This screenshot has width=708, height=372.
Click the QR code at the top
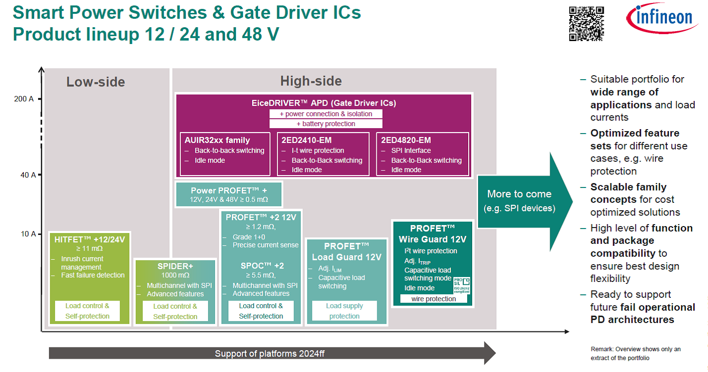click(586, 23)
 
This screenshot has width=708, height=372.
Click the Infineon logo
click(663, 18)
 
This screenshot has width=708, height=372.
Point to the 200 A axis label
click(24, 99)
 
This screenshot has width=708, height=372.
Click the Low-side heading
click(96, 82)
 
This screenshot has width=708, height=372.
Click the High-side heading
click(310, 81)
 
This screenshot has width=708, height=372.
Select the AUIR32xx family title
click(218, 140)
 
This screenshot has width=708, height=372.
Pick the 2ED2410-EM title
click(306, 140)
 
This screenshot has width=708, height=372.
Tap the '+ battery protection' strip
click(326, 124)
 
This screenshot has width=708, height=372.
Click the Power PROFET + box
click(228, 194)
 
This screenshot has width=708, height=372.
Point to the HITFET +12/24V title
click(89, 239)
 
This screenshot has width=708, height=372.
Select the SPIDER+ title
click(175, 266)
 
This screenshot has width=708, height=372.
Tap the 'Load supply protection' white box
click(345, 311)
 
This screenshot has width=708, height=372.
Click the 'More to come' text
click(519, 194)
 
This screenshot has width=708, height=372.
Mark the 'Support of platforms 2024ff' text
click(269, 353)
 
